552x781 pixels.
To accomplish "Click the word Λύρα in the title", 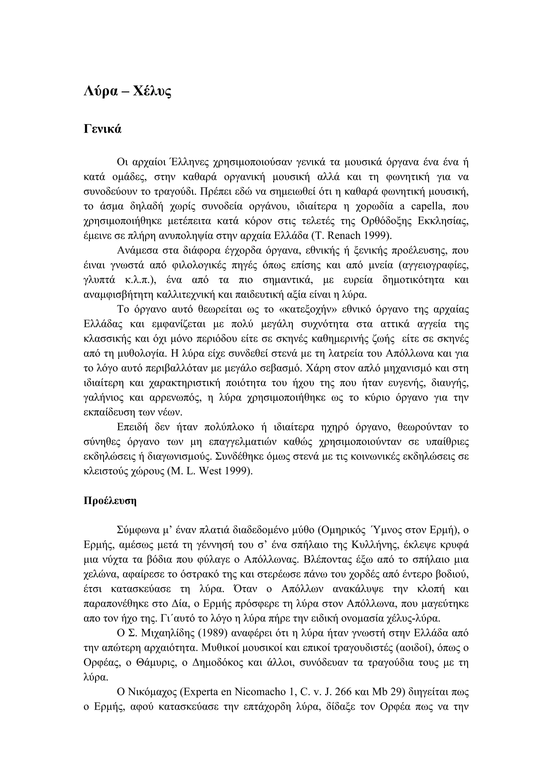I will [x=101, y=91].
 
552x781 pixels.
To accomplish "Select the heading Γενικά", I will [x=102, y=129].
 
